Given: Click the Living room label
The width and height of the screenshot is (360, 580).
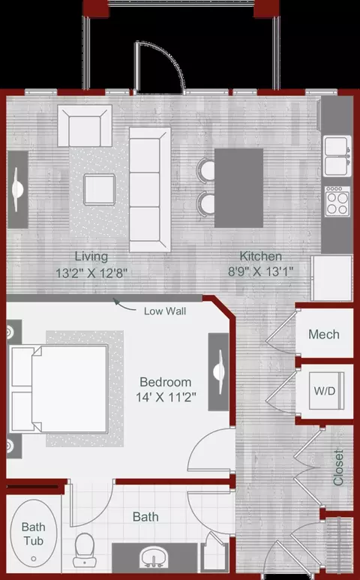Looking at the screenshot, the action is tap(91, 256).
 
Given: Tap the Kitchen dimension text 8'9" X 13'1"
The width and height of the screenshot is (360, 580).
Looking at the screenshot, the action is tap(260, 272).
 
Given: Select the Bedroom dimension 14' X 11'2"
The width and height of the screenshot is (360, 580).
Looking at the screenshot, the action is tap(166, 398).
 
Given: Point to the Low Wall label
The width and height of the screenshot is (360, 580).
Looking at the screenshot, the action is tap(165, 311).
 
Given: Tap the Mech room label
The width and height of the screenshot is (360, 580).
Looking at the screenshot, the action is tap(324, 335).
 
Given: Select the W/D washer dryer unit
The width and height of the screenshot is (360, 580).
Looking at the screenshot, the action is tap(326, 391).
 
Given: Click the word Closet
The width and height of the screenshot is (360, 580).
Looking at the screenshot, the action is tap(338, 467).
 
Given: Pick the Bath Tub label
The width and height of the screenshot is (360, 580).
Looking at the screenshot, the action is tap(34, 533).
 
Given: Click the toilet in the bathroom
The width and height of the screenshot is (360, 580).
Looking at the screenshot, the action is tap(85, 550).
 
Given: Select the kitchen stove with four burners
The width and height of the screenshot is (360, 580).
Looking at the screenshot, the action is tap(337, 202).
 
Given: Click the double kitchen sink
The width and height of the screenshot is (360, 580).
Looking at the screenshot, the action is tap(337, 156).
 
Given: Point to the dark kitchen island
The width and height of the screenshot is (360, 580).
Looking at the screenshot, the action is tap(238, 188).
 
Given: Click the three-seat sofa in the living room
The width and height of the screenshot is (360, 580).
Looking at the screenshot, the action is tap(150, 190).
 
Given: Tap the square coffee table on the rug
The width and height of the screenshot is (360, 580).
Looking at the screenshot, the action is tap(99, 190).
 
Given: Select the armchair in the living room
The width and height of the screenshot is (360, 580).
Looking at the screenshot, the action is tap(85, 126).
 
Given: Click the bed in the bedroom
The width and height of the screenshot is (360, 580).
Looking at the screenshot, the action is tap(59, 389).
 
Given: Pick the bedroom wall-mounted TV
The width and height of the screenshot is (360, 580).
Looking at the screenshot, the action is tap(219, 371).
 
